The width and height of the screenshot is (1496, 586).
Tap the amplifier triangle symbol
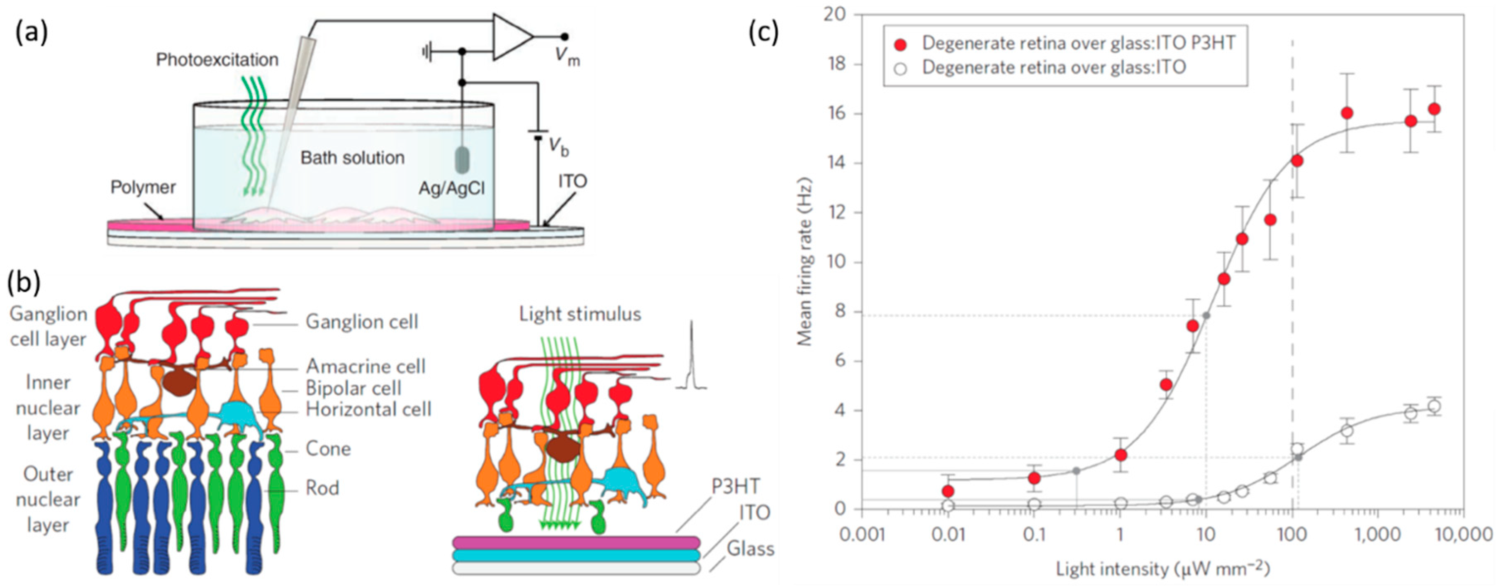[511, 37]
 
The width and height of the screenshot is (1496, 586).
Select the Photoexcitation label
[217, 60]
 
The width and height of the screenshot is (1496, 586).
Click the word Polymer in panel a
[143, 187]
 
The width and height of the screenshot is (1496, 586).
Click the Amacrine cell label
[365, 366]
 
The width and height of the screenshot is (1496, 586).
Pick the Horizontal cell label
[368, 410]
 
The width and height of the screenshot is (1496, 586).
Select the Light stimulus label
[580, 314]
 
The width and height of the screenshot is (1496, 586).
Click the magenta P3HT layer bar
[576, 542]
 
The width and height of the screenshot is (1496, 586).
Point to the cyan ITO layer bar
[576, 555]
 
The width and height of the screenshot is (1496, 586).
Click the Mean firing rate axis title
[805, 261]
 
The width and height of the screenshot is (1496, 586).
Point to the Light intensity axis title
[1162, 569]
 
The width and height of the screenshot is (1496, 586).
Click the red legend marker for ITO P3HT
[901, 44]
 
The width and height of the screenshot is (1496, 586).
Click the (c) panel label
[764, 33]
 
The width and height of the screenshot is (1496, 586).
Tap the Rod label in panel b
[322, 488]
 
